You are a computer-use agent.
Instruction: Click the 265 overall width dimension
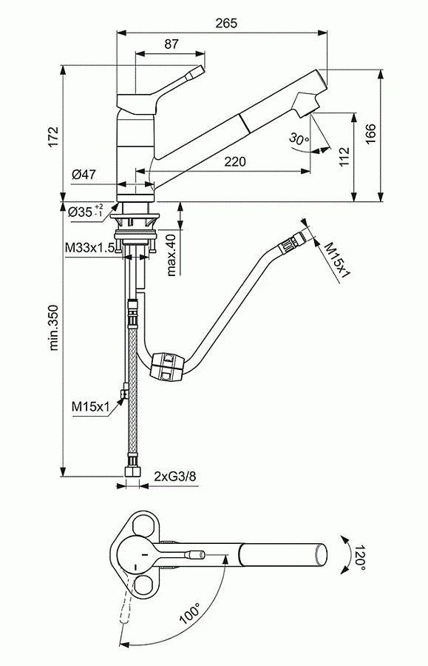pyautogui.click(x=226, y=23)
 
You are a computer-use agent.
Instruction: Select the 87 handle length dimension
pyautogui.click(x=171, y=44)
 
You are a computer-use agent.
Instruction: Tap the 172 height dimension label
pyautogui.click(x=53, y=137)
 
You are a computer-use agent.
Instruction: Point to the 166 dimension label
pyautogui.click(x=370, y=134)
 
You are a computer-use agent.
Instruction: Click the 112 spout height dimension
pyautogui.click(x=344, y=157)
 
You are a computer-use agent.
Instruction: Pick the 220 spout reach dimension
pyautogui.click(x=234, y=161)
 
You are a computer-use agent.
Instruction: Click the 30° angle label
pyautogui.click(x=299, y=139)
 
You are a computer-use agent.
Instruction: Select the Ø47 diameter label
pyautogui.click(x=84, y=174)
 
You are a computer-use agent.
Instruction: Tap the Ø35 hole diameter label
pyautogui.click(x=85, y=211)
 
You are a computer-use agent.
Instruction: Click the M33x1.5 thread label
pyautogui.click(x=90, y=248)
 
